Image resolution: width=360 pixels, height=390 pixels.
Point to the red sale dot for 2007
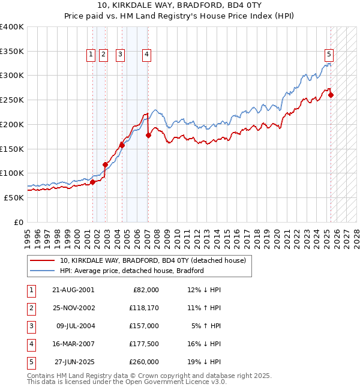[148, 136]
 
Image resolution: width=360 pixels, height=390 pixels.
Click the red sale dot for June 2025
[331, 95]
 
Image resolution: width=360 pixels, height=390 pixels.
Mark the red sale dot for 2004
[122, 145]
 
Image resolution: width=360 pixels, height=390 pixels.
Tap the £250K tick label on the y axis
[12, 100]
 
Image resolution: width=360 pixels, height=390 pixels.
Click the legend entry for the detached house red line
[152, 261]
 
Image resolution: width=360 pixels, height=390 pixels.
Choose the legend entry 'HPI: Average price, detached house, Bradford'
[132, 271]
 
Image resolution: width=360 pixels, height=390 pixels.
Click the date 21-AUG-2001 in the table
[73, 290]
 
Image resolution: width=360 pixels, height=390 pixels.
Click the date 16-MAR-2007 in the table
[73, 344]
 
